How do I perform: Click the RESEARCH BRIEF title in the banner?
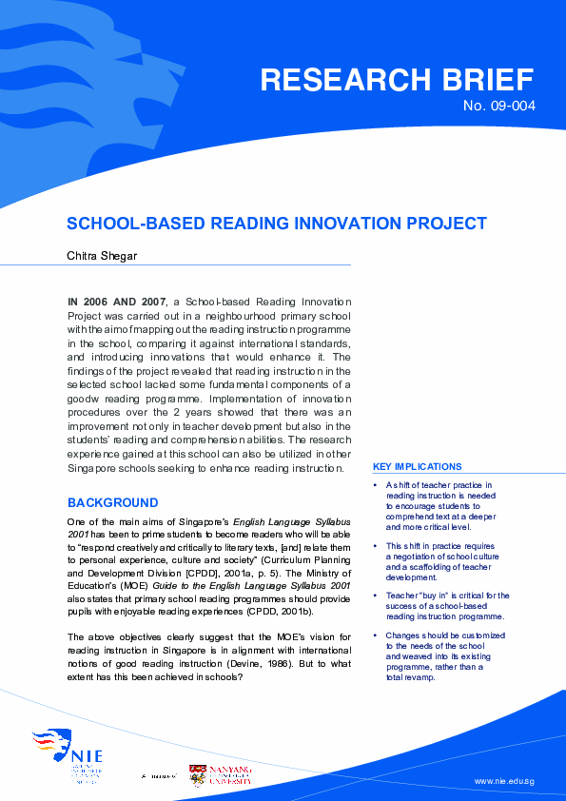(x=397, y=80)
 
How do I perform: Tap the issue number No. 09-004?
(x=498, y=106)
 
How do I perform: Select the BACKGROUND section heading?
(x=112, y=502)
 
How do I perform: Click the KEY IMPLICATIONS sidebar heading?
(x=418, y=467)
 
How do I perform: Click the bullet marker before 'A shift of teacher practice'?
(x=377, y=485)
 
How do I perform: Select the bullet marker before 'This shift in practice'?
(x=377, y=546)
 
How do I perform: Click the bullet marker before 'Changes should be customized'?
(x=377, y=635)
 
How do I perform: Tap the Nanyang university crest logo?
(x=198, y=774)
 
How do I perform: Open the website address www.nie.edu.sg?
(x=504, y=781)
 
